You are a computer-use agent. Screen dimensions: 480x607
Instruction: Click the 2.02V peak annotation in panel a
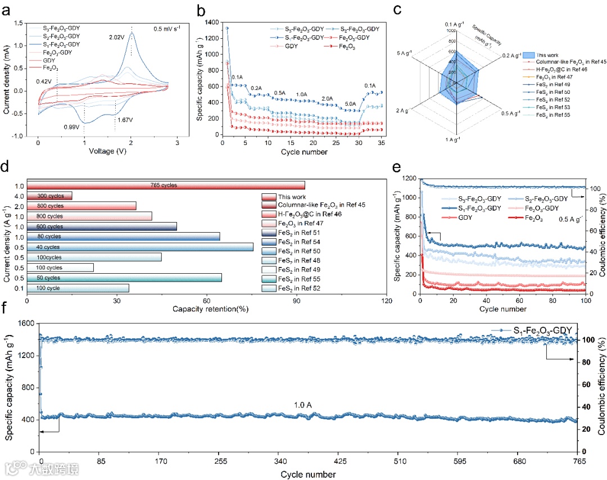pos(119,37)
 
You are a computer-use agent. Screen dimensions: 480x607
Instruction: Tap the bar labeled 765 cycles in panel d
pos(166,185)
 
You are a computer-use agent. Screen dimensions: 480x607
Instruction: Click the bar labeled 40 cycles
pos(140,247)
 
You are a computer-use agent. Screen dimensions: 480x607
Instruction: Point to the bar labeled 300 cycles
pos(49,196)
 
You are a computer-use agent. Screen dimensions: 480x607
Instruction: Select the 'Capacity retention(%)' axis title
pos(206,309)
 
